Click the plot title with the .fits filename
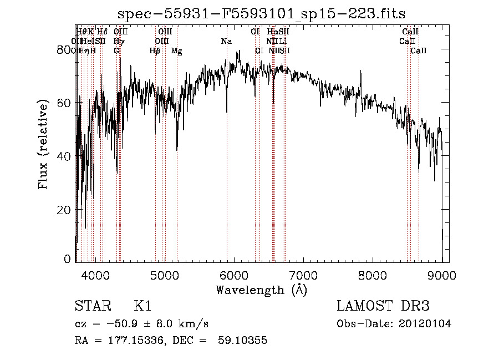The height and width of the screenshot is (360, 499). click(x=261, y=13)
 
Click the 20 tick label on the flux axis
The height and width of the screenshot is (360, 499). click(x=65, y=210)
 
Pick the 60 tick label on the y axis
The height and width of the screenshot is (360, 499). click(x=65, y=103)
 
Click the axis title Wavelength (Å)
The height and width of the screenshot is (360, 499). click(x=261, y=289)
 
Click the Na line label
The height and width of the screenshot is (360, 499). click(x=226, y=42)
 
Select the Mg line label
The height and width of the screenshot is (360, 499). click(x=176, y=51)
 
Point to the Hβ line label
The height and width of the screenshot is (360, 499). click(x=155, y=51)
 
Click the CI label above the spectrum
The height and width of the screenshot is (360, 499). click(x=255, y=32)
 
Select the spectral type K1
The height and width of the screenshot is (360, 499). click(x=142, y=307)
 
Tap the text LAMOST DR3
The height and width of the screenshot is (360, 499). click(x=383, y=307)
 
